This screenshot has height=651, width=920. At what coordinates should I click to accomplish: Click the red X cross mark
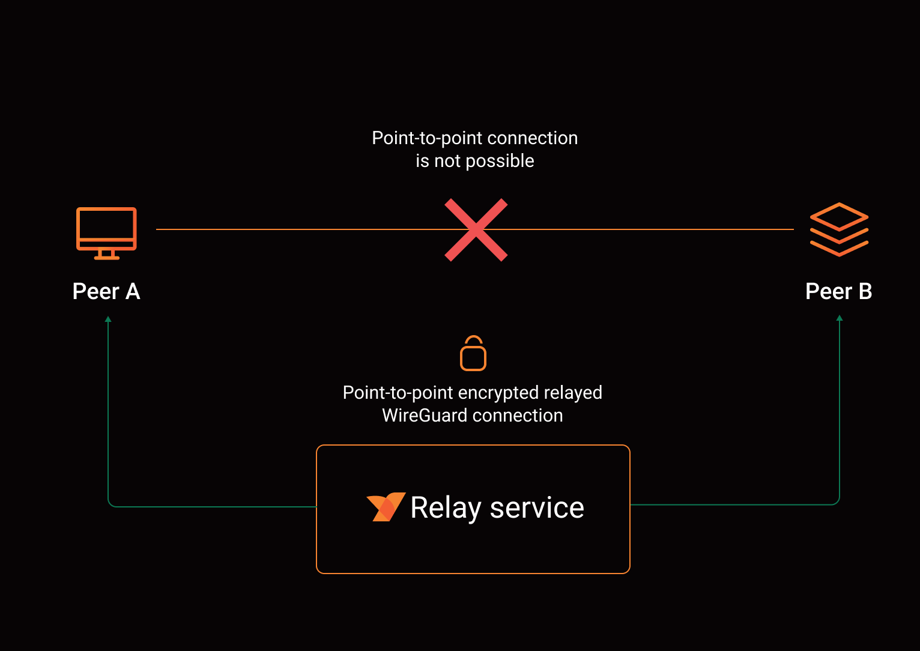tap(476, 230)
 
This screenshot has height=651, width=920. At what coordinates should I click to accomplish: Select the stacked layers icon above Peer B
tap(839, 229)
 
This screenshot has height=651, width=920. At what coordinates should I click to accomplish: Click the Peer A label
tap(106, 291)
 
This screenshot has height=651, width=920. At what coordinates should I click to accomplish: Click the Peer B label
tap(838, 291)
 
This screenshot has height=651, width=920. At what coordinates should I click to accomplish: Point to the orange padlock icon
tap(473, 354)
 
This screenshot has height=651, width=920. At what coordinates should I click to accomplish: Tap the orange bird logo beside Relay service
tap(386, 507)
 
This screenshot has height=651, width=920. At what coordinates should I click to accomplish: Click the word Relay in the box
tap(446, 507)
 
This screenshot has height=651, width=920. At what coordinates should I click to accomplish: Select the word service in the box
tap(537, 507)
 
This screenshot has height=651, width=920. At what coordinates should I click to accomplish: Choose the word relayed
tap(573, 393)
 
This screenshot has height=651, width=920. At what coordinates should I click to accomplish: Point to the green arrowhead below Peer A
tap(108, 319)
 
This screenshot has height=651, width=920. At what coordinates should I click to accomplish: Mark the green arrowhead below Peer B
tap(840, 318)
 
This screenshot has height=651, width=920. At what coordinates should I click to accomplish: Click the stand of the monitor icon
tap(106, 255)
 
